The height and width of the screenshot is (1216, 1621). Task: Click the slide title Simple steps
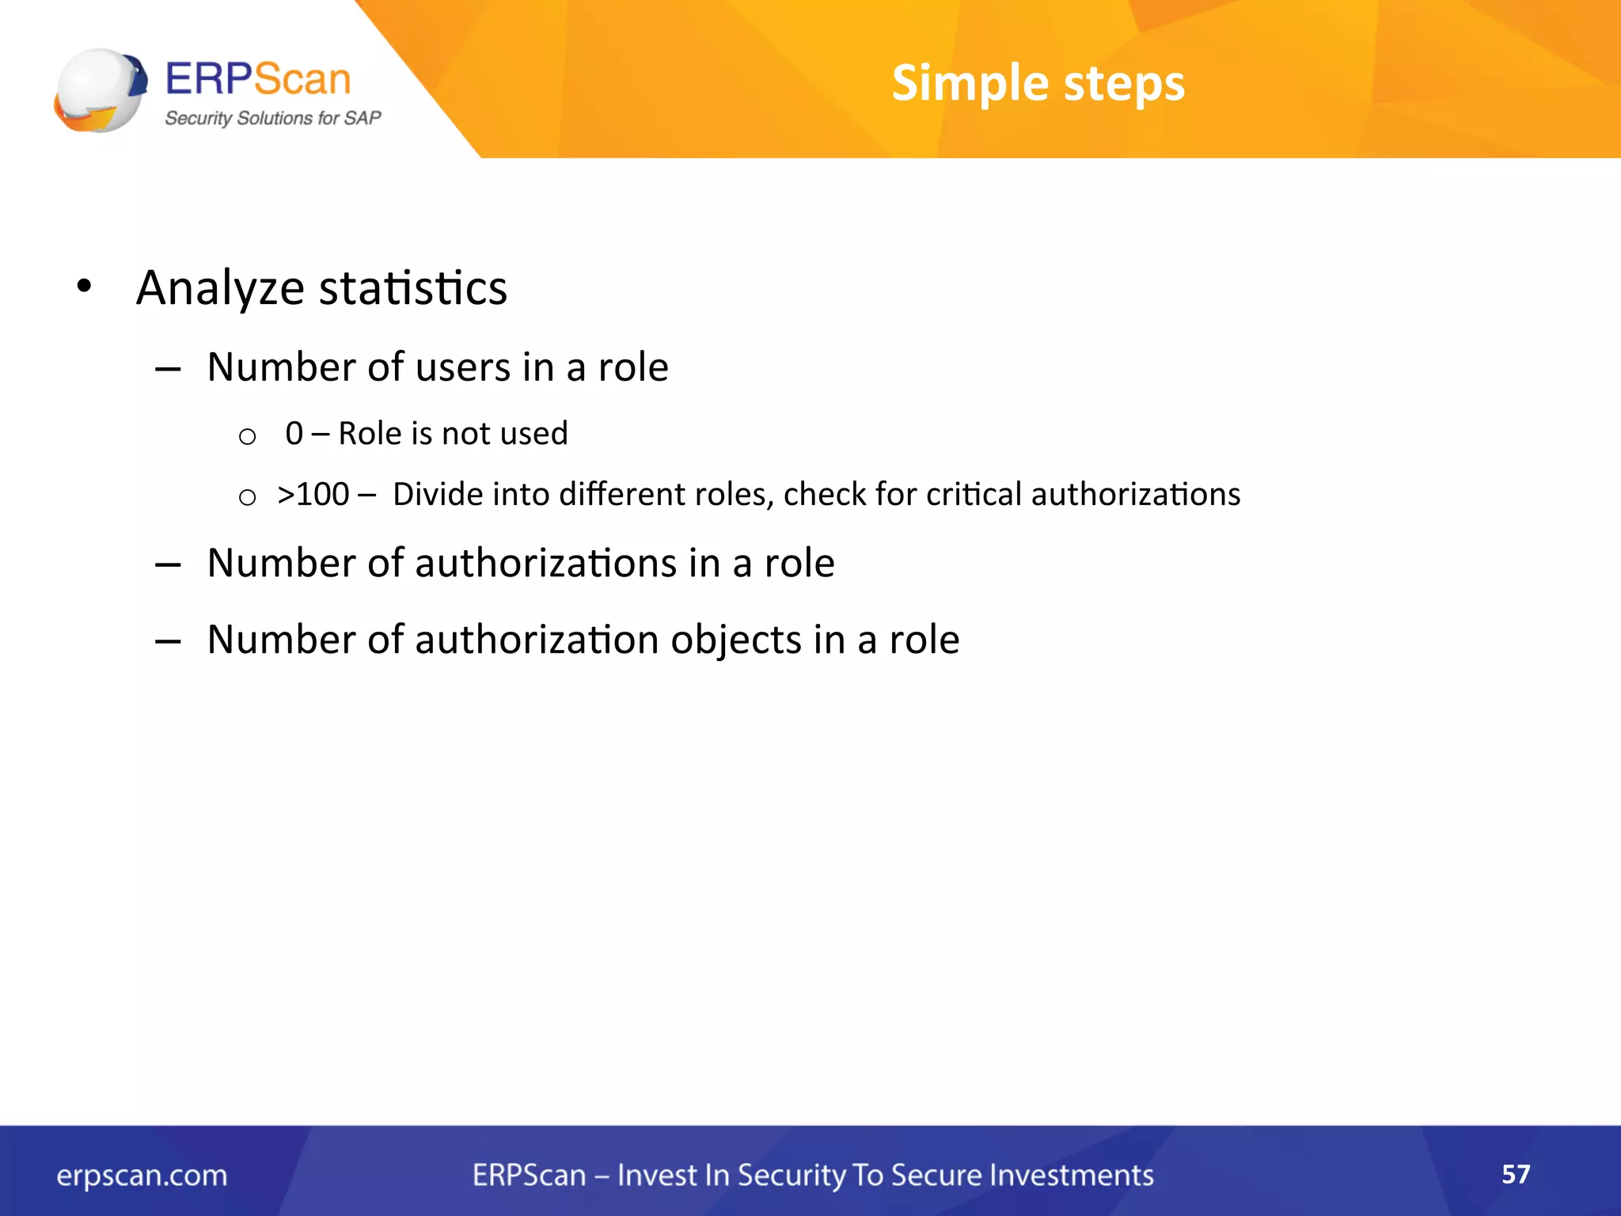(1038, 83)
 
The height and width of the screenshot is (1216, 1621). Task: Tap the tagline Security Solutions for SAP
(272, 118)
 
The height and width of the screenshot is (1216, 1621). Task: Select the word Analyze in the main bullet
(220, 288)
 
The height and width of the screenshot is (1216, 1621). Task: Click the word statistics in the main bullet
(412, 288)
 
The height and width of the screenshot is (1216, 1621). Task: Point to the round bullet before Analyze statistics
(84, 287)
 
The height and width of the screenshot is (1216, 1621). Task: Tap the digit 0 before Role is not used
(294, 434)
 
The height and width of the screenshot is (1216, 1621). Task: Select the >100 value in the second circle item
(313, 495)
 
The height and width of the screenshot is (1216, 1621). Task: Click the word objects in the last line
(736, 640)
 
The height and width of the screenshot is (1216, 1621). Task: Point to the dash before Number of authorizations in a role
(168, 564)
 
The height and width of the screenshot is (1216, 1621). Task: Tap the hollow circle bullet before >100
(247, 497)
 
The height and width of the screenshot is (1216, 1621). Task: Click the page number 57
(1515, 1173)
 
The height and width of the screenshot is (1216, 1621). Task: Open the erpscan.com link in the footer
(142, 1176)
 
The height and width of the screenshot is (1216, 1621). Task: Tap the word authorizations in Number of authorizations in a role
(545, 564)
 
